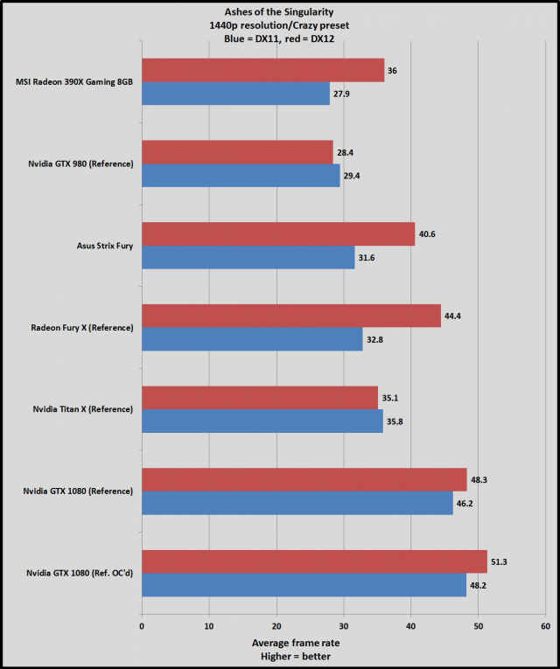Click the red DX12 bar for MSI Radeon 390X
coord(262,70)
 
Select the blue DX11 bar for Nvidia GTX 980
coord(241,175)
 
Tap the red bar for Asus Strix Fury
coord(278,233)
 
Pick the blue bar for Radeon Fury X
coord(252,338)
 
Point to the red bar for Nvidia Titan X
coord(260,397)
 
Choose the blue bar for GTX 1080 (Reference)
coord(297,503)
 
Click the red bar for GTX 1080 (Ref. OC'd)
coord(314,561)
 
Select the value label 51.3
coord(502,561)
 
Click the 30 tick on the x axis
coord(343,625)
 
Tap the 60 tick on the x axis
coord(545,625)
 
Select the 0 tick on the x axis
coord(142,625)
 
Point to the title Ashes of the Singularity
coord(280,12)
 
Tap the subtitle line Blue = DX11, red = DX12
coord(280,40)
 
